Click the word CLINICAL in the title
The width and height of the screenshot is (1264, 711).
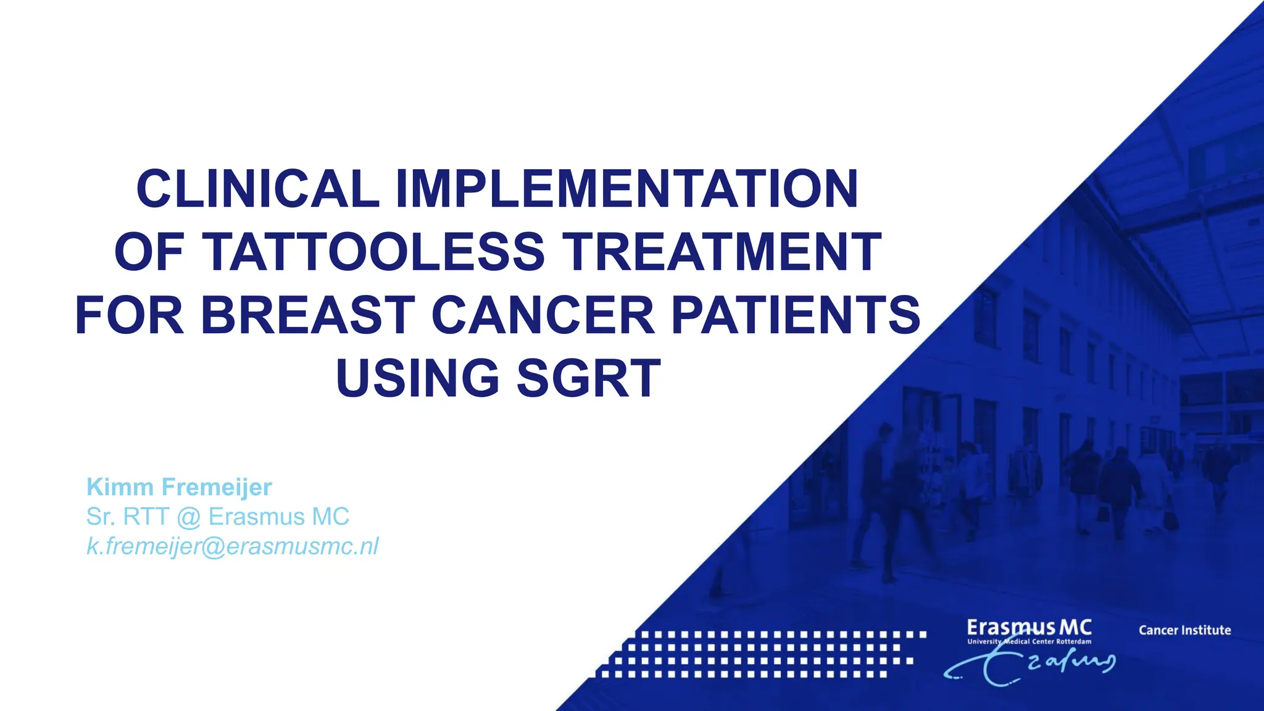[257, 189]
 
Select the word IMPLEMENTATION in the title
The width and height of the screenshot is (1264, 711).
[626, 189]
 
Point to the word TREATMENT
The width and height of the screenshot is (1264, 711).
[721, 252]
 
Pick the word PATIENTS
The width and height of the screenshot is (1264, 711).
[796, 315]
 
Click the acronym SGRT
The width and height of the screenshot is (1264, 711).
[589, 378]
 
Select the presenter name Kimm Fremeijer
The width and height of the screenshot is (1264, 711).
[179, 487]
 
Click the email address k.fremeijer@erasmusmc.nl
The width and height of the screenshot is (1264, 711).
[232, 546]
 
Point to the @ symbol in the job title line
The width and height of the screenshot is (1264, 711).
[188, 517]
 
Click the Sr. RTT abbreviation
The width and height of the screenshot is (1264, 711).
[128, 517]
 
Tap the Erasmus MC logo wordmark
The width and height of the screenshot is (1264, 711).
[1029, 628]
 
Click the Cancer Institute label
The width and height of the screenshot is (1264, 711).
[1184, 630]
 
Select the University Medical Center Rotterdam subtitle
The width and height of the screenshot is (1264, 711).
[1029, 642]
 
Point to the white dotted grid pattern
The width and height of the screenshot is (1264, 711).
[759, 654]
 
